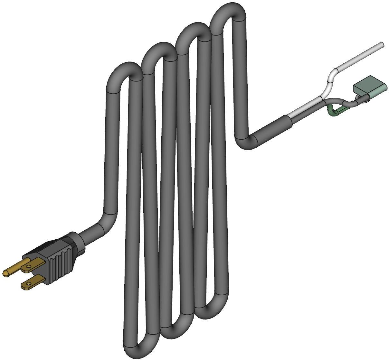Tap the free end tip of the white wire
(382, 44)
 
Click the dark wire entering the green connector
(351, 103)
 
